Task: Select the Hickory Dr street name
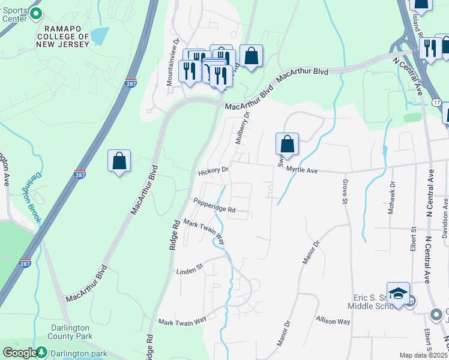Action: tap(213, 171)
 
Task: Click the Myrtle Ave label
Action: tap(301, 170)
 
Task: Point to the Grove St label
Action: tap(345, 191)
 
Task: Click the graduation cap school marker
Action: tap(398, 293)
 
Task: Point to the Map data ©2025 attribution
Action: tap(424, 355)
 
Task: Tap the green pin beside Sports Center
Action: tap(35, 13)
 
